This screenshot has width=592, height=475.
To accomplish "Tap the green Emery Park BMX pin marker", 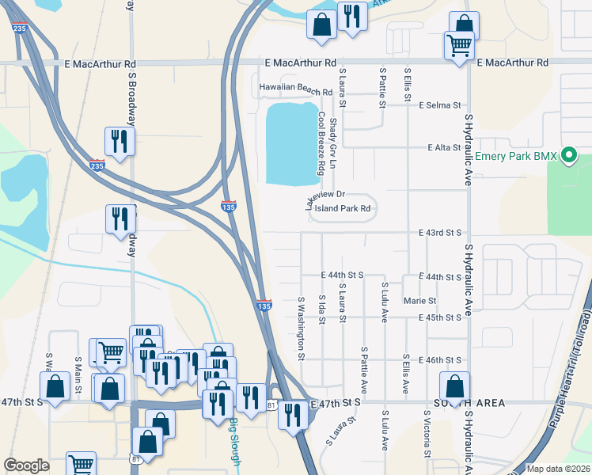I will [x=567, y=157].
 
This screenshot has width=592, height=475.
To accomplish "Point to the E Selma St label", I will [x=440, y=105].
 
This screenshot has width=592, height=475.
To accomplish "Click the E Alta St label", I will [x=444, y=148].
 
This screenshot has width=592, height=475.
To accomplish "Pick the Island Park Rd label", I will [x=341, y=210].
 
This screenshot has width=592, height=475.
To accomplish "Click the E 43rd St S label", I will [x=440, y=233].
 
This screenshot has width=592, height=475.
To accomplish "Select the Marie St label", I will [x=419, y=301].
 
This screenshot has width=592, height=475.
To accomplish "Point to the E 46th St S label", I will [x=440, y=359].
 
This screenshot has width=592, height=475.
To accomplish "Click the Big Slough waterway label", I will [x=233, y=434].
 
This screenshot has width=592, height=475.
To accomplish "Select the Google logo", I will [x=27, y=465].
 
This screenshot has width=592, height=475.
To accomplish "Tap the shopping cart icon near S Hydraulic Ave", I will [x=458, y=46].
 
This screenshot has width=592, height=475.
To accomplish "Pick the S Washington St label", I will [x=302, y=328].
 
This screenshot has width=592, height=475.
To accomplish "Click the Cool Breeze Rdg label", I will [x=322, y=143].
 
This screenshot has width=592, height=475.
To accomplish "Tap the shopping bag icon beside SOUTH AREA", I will [x=454, y=388].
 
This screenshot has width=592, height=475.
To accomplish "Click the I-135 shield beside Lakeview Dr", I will [x=228, y=206].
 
